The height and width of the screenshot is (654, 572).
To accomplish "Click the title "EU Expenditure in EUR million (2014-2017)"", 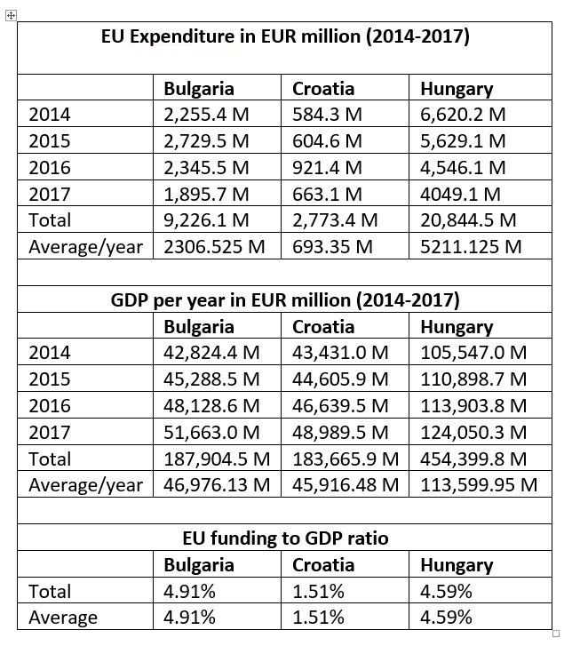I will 285,36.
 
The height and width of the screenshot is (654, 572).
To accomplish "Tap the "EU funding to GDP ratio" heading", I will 285,538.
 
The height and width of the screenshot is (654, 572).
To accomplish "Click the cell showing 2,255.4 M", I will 207,115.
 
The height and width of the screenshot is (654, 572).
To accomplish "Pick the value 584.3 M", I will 327,115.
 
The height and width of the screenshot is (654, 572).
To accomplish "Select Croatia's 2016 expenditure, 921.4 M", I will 327,167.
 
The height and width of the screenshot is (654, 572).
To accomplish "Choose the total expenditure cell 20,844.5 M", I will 467,219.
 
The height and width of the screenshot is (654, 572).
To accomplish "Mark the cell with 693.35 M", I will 332,246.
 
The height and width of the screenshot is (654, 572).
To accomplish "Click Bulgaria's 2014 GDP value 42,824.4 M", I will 211,353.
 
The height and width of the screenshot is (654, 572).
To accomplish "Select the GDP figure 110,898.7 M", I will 473,379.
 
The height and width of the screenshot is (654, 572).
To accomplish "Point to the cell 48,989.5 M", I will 340,432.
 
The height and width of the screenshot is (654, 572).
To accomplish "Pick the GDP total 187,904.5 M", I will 217,459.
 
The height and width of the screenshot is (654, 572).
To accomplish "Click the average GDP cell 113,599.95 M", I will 479,485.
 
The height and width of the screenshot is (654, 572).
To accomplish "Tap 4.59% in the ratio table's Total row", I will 446,591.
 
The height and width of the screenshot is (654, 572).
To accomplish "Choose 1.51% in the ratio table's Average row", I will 318,618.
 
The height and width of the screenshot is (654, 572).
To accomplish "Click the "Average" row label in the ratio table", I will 63,618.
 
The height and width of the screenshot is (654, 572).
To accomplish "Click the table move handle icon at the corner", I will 11,16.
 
